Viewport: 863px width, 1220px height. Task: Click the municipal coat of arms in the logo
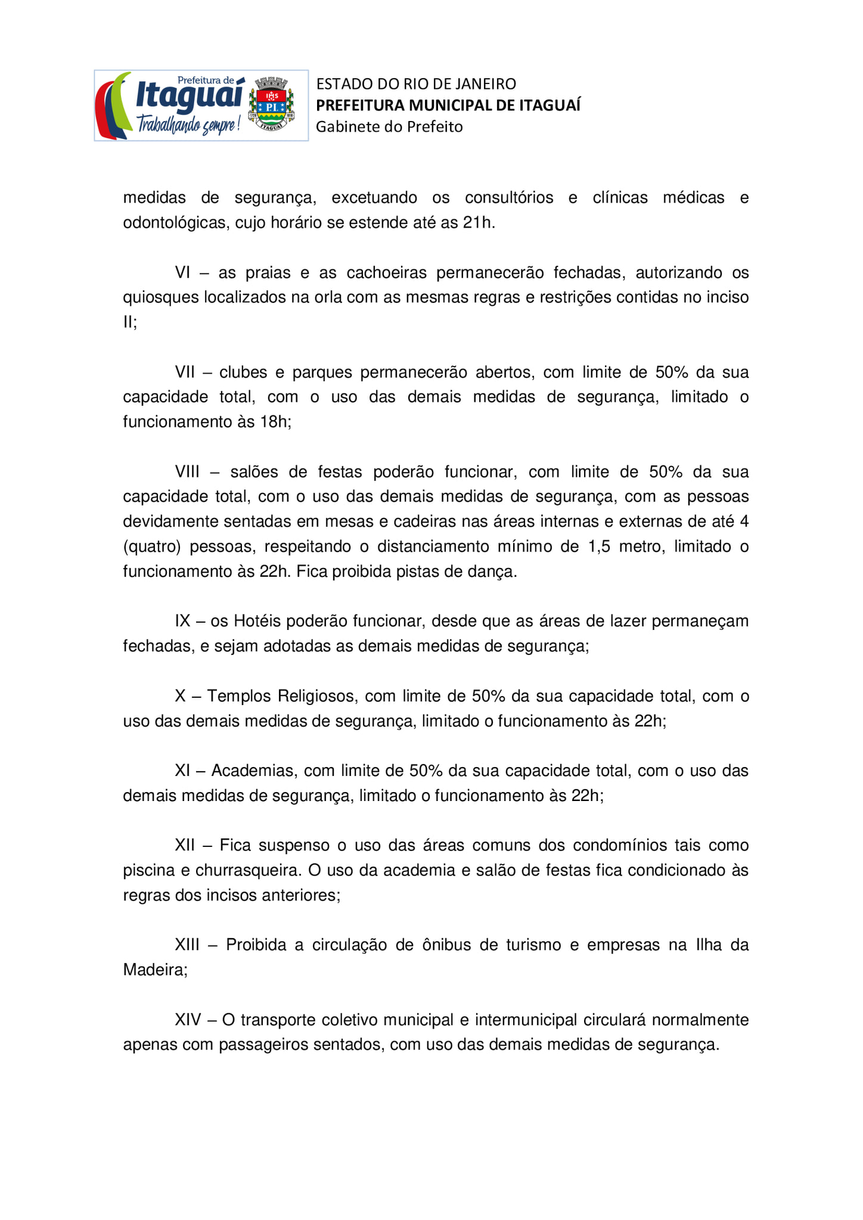tap(271, 104)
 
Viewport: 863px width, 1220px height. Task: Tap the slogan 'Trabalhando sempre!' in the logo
tap(188, 123)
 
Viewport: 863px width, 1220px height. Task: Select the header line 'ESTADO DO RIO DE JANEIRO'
tap(416, 84)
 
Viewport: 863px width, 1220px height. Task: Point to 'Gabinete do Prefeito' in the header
tap(389, 127)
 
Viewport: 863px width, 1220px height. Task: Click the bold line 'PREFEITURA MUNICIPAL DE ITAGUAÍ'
tap(448, 105)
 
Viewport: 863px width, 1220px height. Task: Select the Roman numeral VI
tap(182, 273)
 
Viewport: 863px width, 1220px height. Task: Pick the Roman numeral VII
tap(185, 372)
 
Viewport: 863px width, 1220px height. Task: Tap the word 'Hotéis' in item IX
tap(258, 621)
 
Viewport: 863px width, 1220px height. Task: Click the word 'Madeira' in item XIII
tap(154, 970)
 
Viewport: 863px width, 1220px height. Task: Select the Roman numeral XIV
tap(188, 1020)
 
